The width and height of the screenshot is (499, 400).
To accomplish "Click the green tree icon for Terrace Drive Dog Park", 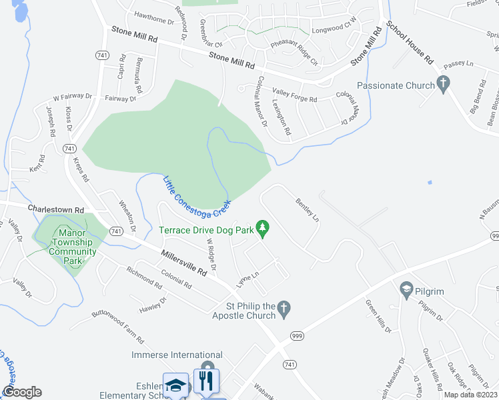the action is click(263, 229).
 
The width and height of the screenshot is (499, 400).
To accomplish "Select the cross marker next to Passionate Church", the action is click(442, 84).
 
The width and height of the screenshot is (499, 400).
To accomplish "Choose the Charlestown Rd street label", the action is click(55, 209).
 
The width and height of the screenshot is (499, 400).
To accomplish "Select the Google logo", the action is click(22, 392).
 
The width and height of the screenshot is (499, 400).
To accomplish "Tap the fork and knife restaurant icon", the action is click(206, 382).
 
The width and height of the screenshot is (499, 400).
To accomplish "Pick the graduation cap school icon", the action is click(176, 385).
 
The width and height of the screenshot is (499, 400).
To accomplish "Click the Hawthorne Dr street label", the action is click(153, 13).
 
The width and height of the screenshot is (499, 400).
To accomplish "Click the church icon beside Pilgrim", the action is click(405, 289).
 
